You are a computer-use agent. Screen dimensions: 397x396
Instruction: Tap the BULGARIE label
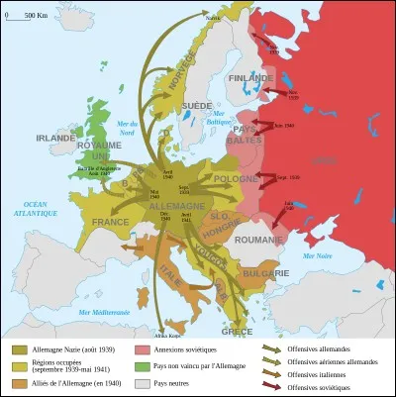268,272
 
